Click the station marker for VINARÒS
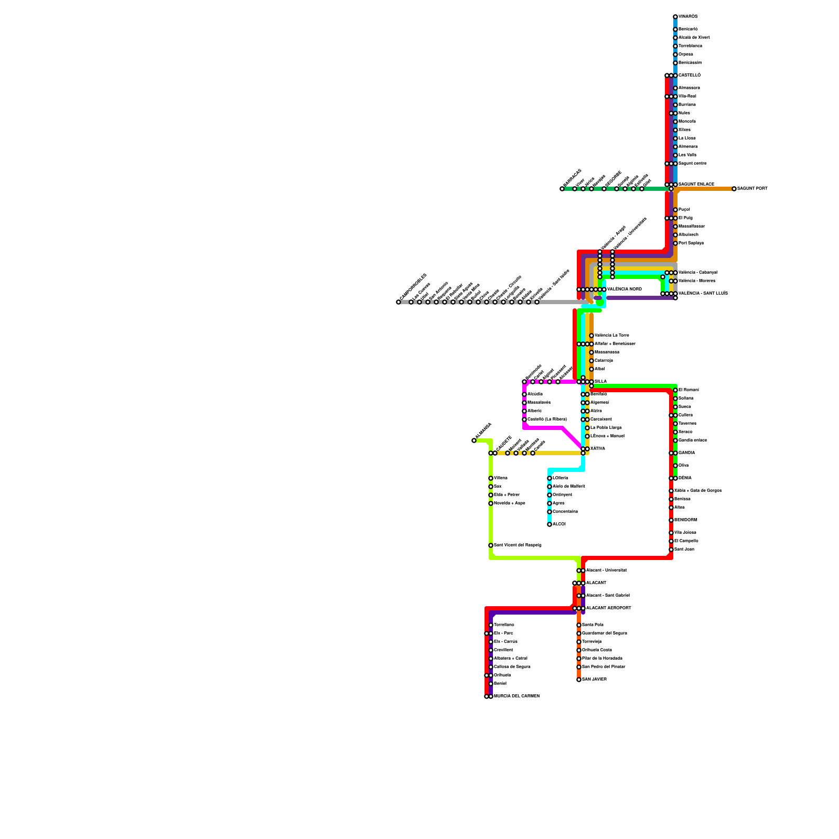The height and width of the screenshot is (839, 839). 675,17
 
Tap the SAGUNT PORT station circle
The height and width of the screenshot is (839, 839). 734,189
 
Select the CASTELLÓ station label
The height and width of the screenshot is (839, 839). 690,76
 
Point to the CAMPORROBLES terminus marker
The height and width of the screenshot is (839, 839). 399,302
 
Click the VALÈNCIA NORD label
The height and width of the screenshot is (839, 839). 625,289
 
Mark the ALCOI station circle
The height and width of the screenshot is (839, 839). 550,524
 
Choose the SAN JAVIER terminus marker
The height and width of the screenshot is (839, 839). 579,680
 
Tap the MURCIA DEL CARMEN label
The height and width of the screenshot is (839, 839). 517,696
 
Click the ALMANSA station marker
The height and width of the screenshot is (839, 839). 474,440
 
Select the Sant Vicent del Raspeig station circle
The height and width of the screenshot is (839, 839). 491,545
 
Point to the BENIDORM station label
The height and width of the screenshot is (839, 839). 686,520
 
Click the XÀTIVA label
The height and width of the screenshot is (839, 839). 598,449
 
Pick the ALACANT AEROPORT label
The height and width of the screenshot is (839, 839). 608,608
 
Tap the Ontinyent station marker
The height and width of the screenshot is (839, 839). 550,495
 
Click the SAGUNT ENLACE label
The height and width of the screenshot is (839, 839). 696,185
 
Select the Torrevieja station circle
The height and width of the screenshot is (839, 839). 579,642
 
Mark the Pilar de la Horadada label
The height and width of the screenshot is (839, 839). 602,659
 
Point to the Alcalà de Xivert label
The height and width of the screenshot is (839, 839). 694,38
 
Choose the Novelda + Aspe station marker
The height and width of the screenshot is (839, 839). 491,503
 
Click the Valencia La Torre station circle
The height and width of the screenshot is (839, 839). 591,336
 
